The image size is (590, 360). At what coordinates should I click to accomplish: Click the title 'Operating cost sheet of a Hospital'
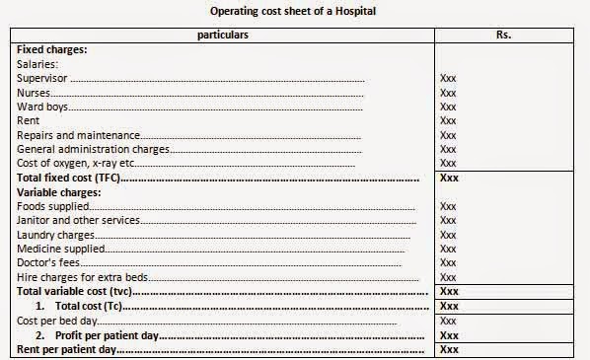293,11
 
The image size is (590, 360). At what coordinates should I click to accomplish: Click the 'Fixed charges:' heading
51,48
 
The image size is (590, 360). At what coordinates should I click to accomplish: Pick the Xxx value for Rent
448,120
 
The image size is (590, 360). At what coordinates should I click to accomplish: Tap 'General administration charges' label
94,149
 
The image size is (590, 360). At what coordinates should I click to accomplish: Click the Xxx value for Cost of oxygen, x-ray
448,163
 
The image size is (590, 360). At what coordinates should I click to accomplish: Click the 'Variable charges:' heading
58,191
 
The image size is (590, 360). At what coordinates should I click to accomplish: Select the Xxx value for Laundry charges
448,235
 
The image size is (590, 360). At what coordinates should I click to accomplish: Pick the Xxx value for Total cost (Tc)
449,306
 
